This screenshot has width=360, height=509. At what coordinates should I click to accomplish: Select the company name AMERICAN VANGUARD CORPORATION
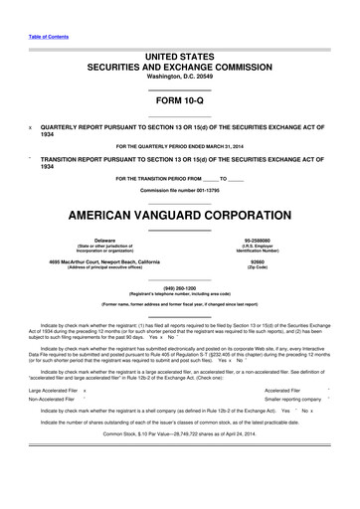click(180, 216)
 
